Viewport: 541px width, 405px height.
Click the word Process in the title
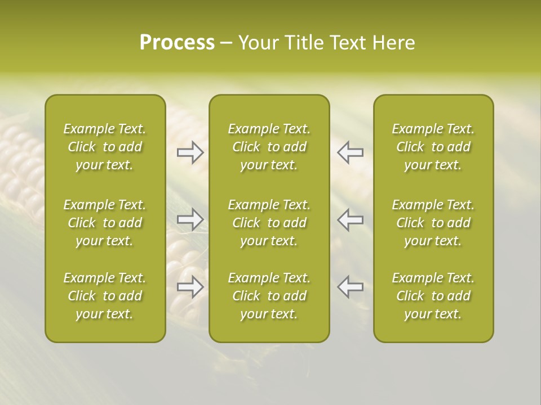tap(177, 43)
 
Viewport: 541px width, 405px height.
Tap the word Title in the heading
tap(303, 43)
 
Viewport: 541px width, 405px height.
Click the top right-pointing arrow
tap(190, 152)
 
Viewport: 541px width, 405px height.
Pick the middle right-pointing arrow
tap(190, 219)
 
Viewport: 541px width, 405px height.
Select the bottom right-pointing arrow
tap(190, 287)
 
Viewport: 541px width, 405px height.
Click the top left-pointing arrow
tap(350, 152)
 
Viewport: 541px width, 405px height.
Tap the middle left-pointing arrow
tap(350, 219)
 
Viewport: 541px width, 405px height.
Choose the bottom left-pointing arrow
tap(350, 287)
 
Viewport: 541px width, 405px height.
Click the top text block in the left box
tap(105, 147)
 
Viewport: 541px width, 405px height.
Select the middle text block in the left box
tap(105, 223)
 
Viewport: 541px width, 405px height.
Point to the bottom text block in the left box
tap(105, 296)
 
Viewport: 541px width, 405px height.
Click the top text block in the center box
tap(269, 147)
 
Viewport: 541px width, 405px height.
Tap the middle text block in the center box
tap(269, 223)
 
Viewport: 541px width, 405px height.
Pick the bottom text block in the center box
tap(269, 296)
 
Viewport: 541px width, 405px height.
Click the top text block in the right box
tap(433, 147)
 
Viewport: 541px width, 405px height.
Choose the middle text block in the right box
tap(433, 223)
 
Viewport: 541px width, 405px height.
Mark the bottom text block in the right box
tap(433, 296)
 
